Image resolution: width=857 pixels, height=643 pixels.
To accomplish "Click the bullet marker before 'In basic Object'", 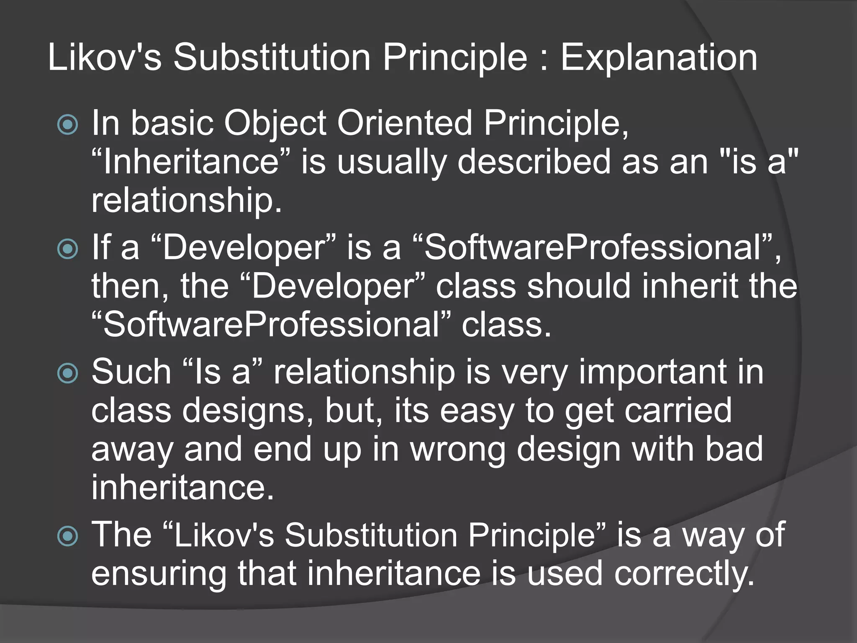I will (x=67, y=124).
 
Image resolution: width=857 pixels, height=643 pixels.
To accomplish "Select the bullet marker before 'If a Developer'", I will (x=67, y=249).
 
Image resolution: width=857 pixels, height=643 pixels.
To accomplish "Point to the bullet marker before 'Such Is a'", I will (x=67, y=373).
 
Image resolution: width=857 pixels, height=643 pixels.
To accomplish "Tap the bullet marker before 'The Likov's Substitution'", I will (x=67, y=536).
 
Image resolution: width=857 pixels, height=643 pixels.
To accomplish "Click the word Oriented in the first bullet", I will (x=404, y=123).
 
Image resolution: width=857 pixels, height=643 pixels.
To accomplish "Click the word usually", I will (x=391, y=162).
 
